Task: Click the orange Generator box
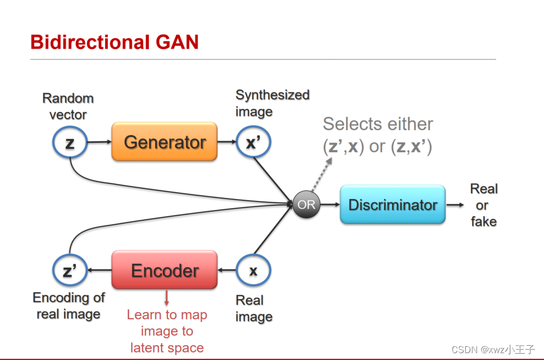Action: click(x=164, y=142)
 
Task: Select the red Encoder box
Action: click(x=164, y=270)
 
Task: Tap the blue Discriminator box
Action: click(x=392, y=205)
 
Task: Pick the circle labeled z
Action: click(x=70, y=143)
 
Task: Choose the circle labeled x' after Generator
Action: click(x=253, y=143)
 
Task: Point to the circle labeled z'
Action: click(x=70, y=271)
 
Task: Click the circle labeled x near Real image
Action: click(x=253, y=271)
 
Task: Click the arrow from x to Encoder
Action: click(x=227, y=271)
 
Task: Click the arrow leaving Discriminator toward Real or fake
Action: click(x=455, y=205)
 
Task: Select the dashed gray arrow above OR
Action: click(x=322, y=175)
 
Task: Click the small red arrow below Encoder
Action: click(x=167, y=298)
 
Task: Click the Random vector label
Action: click(x=68, y=106)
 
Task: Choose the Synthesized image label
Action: click(x=272, y=103)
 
